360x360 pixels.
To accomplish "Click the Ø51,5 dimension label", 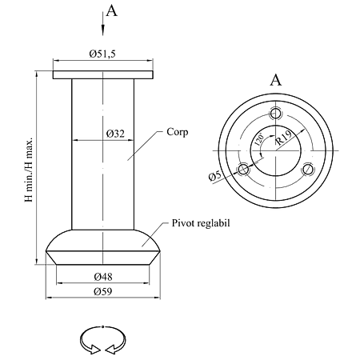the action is click(102, 54).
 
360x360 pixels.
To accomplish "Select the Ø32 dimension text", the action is click(115, 134).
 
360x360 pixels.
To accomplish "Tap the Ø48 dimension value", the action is click(103, 277).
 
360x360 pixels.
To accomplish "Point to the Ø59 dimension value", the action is click(102, 291).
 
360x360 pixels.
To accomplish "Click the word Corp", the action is click(178, 132).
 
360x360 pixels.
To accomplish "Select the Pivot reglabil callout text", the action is click(201, 223).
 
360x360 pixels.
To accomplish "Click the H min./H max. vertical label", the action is click(29, 170).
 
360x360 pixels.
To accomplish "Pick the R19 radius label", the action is click(284, 138).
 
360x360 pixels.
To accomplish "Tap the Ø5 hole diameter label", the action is click(215, 177).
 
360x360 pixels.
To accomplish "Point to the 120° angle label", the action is click(259, 139).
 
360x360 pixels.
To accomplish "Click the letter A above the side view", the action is click(111, 11).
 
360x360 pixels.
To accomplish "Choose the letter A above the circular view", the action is click(275, 80).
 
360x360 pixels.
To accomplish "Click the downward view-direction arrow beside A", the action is click(102, 23).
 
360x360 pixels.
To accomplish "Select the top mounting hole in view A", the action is click(275, 114).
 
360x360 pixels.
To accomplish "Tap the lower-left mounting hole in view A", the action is click(243, 169).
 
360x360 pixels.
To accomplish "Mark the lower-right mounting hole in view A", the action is click(307, 170).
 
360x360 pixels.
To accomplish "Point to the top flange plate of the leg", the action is click(103, 75).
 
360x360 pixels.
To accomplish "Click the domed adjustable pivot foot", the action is click(103, 247).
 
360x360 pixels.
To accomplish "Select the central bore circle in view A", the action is click(275, 125).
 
